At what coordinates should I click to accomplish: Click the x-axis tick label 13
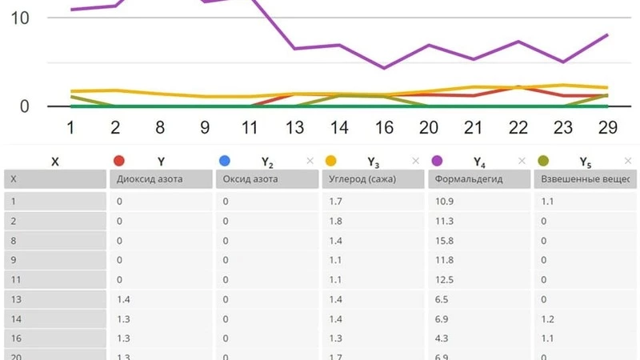(x=295, y=127)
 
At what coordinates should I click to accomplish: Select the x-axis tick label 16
(x=384, y=127)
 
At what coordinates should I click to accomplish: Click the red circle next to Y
(x=120, y=161)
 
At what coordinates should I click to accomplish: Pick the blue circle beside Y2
(x=225, y=161)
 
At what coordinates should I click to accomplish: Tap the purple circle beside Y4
(x=437, y=161)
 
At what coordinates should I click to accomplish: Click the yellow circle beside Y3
(x=331, y=161)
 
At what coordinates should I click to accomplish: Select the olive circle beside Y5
(x=543, y=161)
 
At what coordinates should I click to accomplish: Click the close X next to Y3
(x=415, y=161)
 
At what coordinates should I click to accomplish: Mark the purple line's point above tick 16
(x=384, y=68)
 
